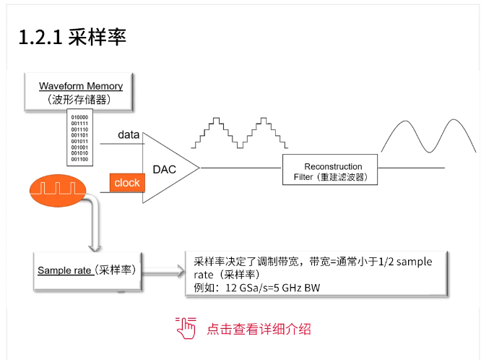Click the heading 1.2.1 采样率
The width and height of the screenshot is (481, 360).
point(73,37)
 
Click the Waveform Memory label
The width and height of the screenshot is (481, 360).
point(81,86)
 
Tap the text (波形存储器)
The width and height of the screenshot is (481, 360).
point(80,100)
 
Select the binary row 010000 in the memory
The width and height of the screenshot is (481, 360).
point(79,117)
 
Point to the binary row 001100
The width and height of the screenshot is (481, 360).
point(79,158)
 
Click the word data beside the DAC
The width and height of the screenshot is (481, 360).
point(129,134)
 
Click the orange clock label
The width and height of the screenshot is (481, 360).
point(127,183)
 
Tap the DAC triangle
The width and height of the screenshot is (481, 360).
point(165,168)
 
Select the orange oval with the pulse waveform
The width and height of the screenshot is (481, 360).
point(57,190)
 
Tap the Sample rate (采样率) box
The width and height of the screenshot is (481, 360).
point(87,270)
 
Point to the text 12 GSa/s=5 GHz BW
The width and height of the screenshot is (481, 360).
point(256,288)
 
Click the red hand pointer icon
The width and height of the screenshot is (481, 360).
point(186,328)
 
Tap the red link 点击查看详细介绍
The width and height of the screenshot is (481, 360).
point(259,329)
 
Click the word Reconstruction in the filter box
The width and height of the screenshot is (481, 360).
point(333,166)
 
